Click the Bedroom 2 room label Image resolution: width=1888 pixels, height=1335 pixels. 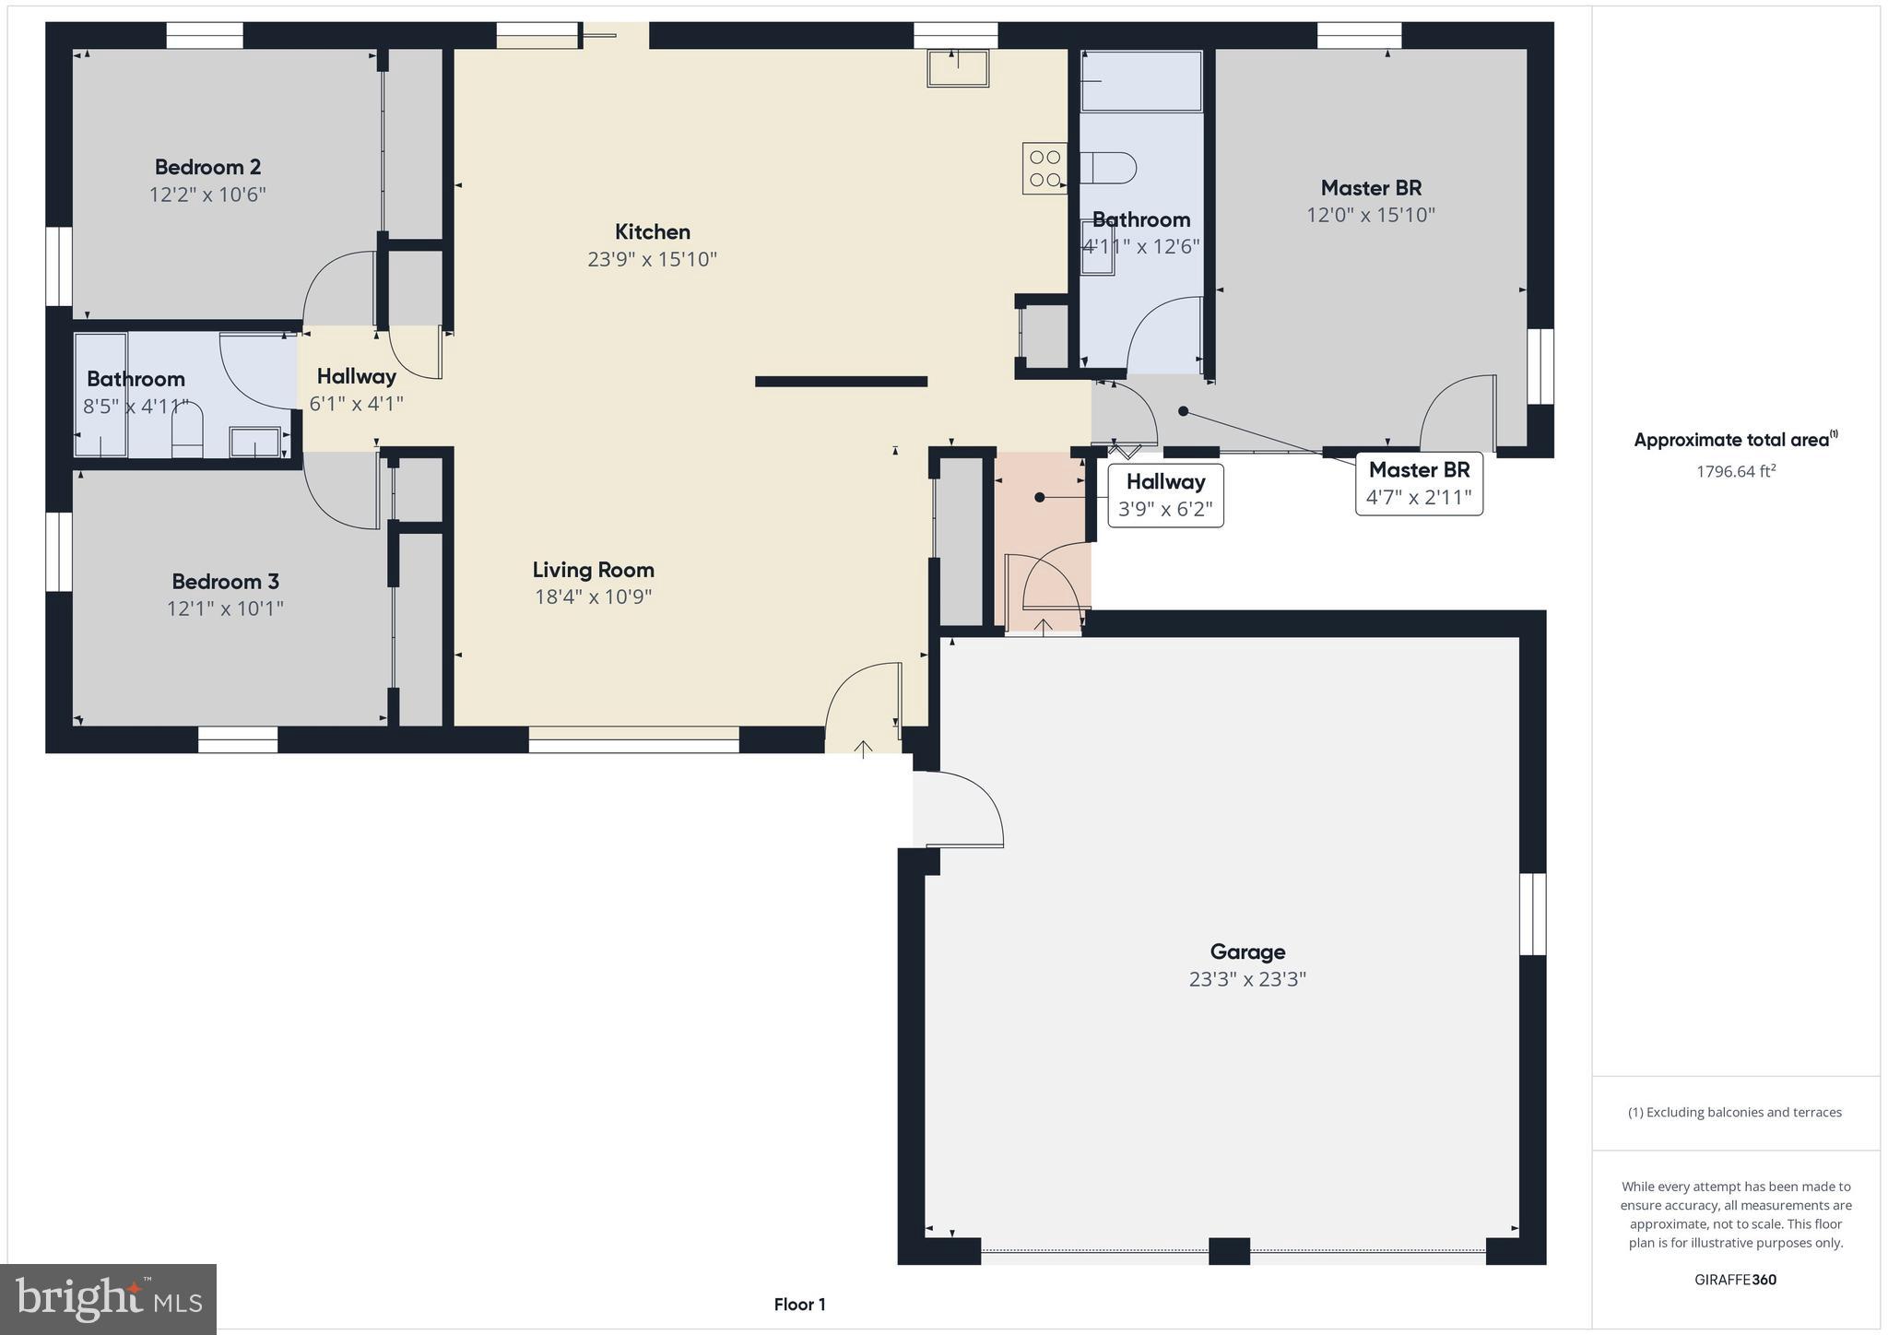[207, 167]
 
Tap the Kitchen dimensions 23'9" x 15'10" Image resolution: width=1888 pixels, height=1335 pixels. [652, 259]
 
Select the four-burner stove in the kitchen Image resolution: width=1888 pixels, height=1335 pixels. [1044, 169]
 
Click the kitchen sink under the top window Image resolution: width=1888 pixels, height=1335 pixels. [958, 68]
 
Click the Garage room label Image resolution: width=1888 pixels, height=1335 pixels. [1247, 951]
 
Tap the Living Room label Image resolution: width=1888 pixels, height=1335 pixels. [593, 570]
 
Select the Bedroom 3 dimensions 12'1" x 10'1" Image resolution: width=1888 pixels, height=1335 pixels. [225, 608]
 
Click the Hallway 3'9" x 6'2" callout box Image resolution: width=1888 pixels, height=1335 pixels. [1165, 495]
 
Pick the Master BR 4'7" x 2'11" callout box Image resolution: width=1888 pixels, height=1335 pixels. [1419, 483]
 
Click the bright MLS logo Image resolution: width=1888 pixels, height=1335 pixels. [109, 1299]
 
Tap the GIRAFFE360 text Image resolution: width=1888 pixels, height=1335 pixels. [1735, 1280]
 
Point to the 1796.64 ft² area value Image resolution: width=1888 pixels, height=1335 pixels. [1735, 471]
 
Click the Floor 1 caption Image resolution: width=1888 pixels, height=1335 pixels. [799, 1305]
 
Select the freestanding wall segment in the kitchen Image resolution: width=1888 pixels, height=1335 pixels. [841, 382]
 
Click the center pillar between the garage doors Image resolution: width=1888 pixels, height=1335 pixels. [1229, 1250]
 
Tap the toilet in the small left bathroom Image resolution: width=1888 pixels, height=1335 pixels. [187, 430]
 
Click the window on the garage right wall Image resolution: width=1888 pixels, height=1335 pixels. [1532, 914]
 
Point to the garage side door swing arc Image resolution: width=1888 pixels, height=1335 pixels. [968, 807]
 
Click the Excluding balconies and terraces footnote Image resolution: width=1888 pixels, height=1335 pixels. [1735, 1112]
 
